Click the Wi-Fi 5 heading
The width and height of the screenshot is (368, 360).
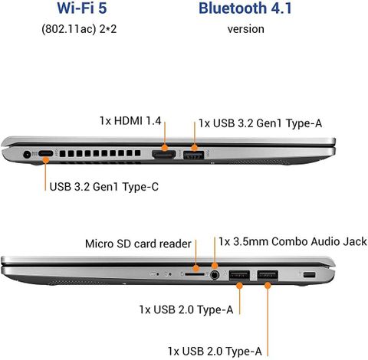click(82, 8)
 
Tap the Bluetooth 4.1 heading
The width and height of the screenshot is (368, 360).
click(245, 8)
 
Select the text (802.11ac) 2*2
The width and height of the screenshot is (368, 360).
click(79, 29)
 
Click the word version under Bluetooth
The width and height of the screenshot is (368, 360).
click(245, 29)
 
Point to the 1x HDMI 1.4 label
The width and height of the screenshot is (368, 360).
click(130, 121)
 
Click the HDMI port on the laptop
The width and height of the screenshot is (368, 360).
click(164, 154)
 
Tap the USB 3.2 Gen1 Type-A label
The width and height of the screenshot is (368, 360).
click(260, 123)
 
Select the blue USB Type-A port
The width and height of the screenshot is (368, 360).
click(194, 155)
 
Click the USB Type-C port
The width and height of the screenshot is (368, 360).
click(46, 154)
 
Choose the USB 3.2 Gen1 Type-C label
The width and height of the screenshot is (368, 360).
click(104, 187)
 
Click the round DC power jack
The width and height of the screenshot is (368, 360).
click(27, 154)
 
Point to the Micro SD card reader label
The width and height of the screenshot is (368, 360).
click(138, 244)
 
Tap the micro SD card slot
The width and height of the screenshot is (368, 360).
click(195, 274)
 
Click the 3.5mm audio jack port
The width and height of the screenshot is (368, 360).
click(215, 275)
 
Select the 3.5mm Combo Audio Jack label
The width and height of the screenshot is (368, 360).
click(293, 241)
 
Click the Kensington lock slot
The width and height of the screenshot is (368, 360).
click(309, 275)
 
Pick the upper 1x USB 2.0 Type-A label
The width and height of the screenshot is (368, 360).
click(186, 309)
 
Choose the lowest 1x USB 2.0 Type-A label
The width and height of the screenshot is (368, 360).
click(215, 352)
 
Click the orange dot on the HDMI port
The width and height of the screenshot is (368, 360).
click(165, 148)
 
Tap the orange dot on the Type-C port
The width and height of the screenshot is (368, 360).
click(46, 160)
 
